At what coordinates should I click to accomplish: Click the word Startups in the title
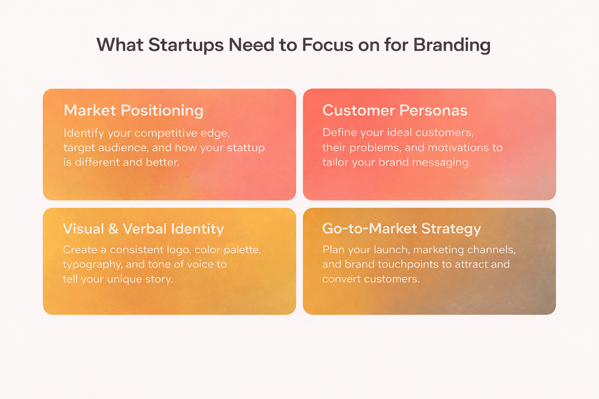pos(186,45)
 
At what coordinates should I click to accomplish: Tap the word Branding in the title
pos(452,45)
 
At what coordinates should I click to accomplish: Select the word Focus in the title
pos(327,45)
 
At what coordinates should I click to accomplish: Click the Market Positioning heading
pos(133,111)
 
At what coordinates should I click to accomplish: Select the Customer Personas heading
pos(395,111)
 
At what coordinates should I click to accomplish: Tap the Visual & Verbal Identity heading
pos(143,229)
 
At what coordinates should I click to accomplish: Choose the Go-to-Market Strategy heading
pos(401,229)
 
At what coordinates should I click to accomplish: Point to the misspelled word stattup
pos(246,148)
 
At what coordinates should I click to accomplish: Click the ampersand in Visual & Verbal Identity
pos(113,229)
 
